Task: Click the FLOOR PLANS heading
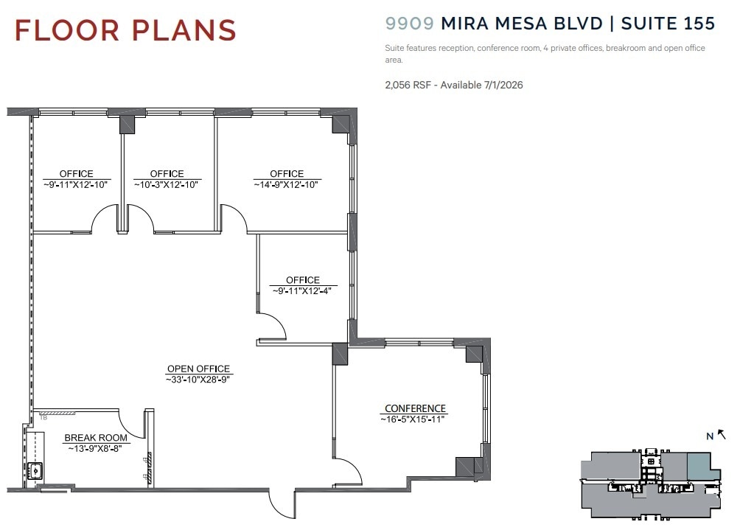pyautogui.click(x=125, y=30)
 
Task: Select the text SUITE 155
pyautogui.click(x=668, y=23)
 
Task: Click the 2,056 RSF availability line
pyautogui.click(x=453, y=85)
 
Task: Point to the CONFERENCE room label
pyautogui.click(x=415, y=408)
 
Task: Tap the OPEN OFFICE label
pyautogui.click(x=198, y=369)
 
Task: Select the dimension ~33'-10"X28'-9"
pyautogui.click(x=198, y=379)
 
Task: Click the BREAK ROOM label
pyautogui.click(x=96, y=438)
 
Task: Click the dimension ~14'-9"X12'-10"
pyautogui.click(x=287, y=184)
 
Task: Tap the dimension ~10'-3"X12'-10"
pyautogui.click(x=167, y=184)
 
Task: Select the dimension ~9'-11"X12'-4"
pyautogui.click(x=303, y=290)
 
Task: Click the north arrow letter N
pyautogui.click(x=709, y=436)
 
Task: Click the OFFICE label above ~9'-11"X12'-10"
pyautogui.click(x=77, y=174)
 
